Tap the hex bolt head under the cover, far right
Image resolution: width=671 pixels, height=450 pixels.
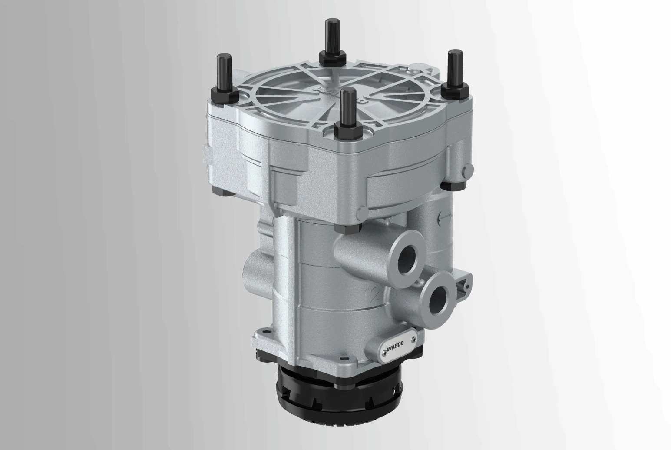[x=450, y=184]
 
